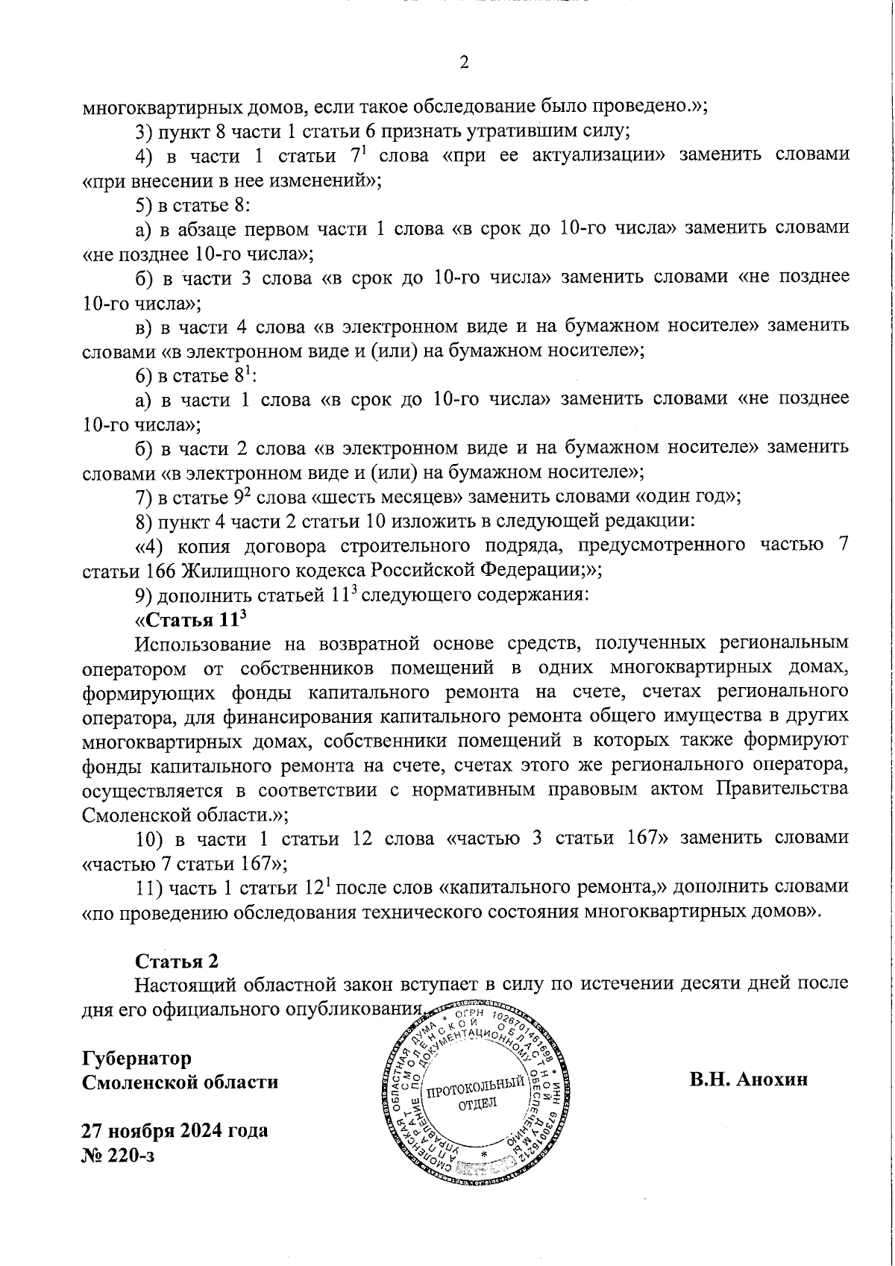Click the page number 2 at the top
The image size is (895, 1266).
pos(464,63)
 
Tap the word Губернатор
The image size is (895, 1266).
pos(137,1058)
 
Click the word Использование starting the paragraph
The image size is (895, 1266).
pos(195,644)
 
